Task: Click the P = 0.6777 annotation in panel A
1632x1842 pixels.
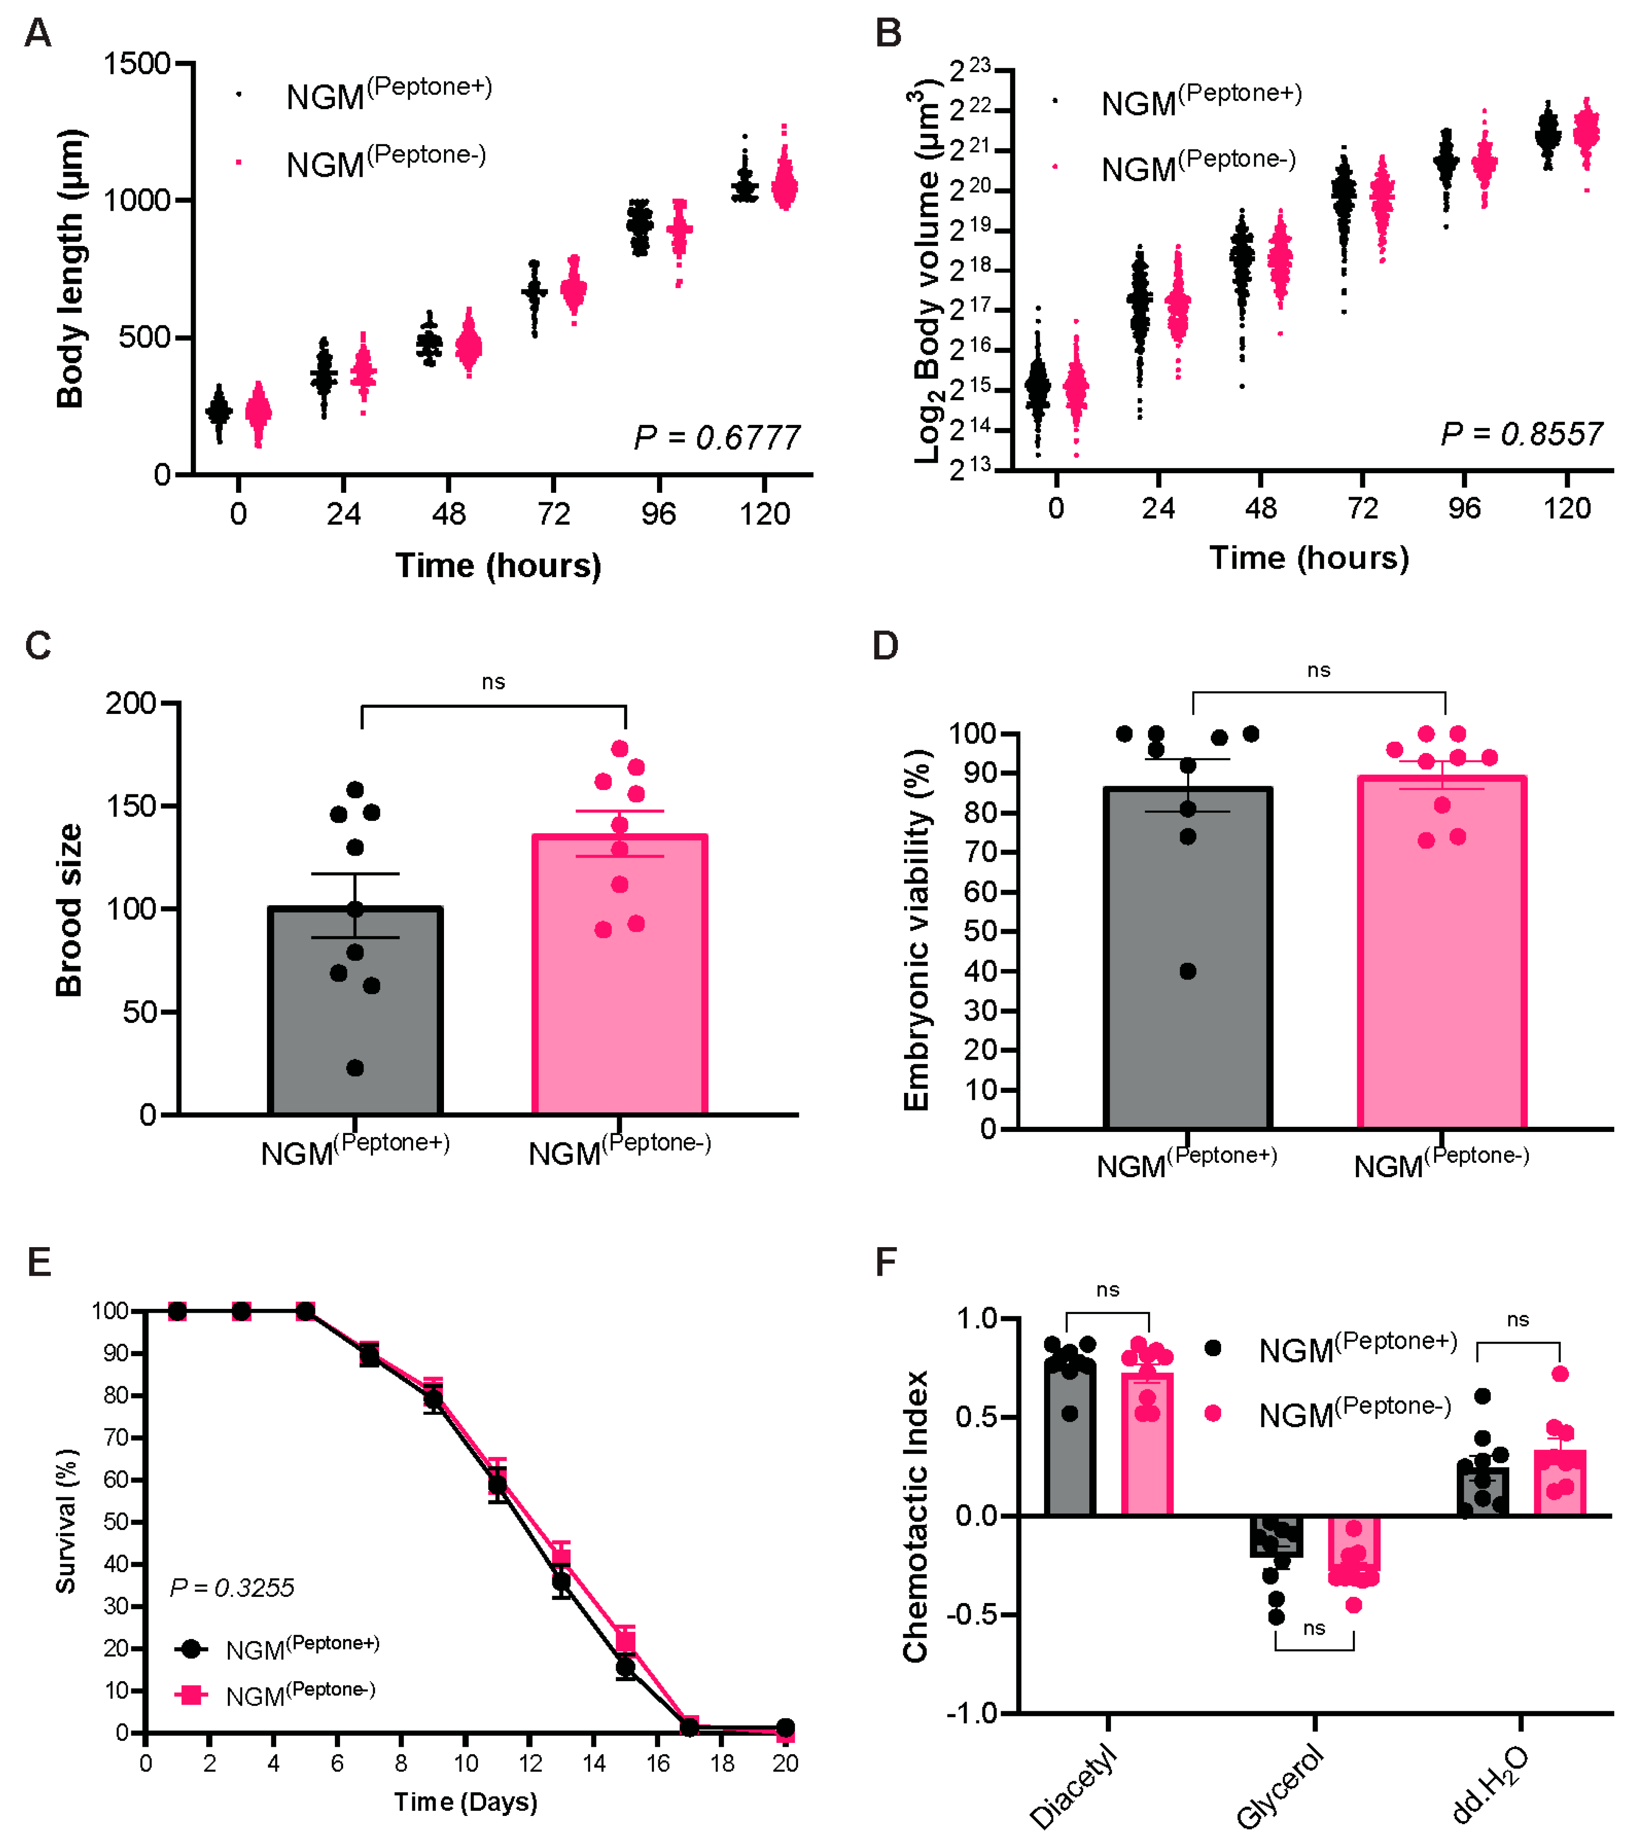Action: [x=717, y=438]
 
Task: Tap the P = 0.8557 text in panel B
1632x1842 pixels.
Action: [x=1521, y=435]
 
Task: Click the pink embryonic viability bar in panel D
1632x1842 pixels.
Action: [x=1442, y=952]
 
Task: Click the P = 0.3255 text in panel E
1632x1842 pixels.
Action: [x=232, y=1588]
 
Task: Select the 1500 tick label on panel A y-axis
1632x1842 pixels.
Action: [x=137, y=64]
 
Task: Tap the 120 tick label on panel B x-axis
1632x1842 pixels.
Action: [x=1567, y=508]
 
